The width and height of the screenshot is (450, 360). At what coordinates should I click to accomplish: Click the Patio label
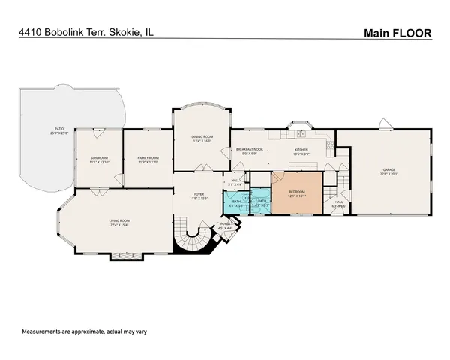(59, 130)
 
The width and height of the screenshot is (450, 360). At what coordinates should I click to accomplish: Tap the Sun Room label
(100, 159)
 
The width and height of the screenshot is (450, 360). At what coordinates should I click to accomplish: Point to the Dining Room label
(202, 138)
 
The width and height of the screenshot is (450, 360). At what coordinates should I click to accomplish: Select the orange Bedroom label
(297, 193)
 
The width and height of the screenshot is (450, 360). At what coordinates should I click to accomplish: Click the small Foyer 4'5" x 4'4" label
(226, 226)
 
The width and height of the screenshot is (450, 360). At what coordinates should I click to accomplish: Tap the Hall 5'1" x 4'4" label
(235, 181)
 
